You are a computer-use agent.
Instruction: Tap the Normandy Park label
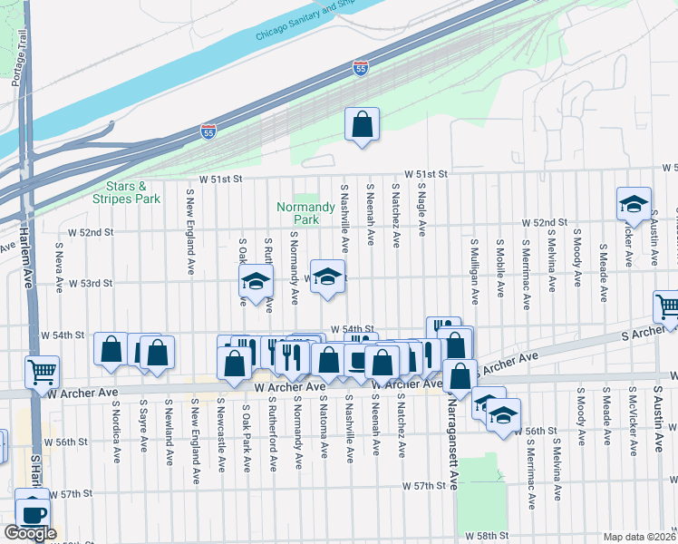(298, 213)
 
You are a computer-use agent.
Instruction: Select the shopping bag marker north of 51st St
(362, 125)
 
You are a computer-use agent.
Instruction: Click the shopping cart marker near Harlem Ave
(43, 371)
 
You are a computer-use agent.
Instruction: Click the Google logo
(30, 533)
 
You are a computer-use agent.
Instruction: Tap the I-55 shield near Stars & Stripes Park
(208, 132)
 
